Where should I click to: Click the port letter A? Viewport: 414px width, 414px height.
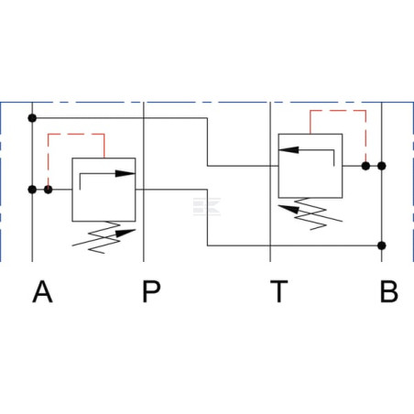coord(42,291)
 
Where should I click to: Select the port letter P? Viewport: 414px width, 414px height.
coord(151,291)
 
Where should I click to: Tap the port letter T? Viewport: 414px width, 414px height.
coord(279,291)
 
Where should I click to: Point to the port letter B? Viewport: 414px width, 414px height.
coord(389,291)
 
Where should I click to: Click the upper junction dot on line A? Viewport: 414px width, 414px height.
coord(32,118)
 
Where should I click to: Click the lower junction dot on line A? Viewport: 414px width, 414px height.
coord(32,190)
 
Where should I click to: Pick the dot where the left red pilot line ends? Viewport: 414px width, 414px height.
coord(48,190)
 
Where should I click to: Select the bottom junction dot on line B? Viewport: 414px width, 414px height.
coord(382,245)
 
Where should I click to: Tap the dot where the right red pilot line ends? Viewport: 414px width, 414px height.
coord(365,166)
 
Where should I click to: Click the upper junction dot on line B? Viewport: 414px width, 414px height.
coord(382,166)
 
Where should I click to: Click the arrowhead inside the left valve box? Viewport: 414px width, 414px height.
coord(125,173)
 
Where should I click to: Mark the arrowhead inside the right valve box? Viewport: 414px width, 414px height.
coord(289,149)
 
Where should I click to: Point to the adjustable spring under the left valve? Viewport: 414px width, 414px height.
coord(103,237)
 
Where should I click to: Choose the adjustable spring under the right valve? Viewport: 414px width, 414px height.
coord(310,213)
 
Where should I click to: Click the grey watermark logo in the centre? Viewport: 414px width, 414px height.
coord(207,206)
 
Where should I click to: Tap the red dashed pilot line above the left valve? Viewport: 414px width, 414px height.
coord(76,134)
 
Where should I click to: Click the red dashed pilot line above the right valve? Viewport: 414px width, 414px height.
coord(338,110)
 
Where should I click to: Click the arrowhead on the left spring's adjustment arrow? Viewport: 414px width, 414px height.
coord(125,233)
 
